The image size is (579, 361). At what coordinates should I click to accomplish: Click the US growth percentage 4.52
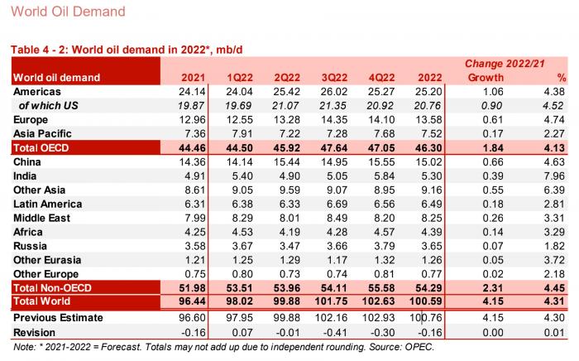(x=550, y=105)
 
